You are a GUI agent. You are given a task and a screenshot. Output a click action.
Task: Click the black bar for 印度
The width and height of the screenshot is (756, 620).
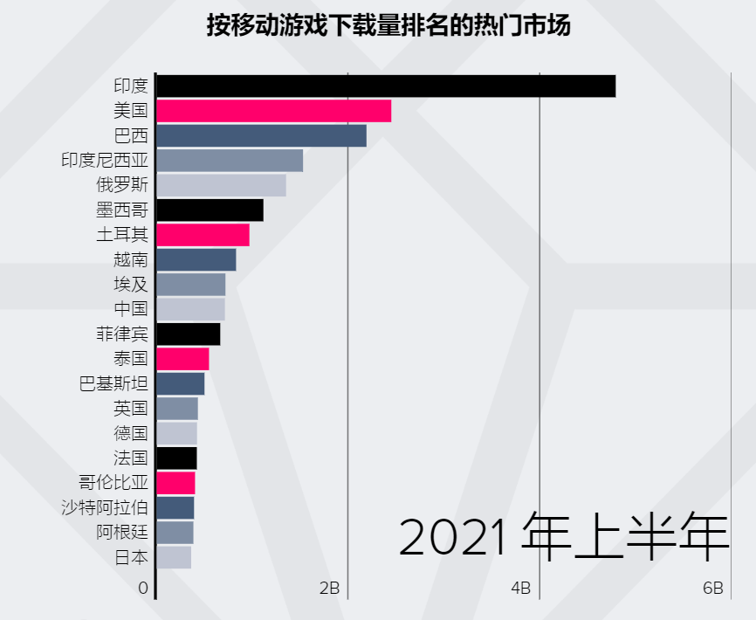pyautogui.click(x=386, y=86)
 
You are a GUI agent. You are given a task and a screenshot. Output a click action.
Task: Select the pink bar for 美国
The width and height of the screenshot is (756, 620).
pyautogui.click(x=274, y=111)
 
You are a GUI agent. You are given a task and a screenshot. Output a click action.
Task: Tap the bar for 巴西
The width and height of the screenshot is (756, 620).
pyautogui.click(x=262, y=136)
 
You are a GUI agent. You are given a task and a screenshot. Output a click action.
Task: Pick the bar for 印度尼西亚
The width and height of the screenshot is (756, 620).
pyautogui.click(x=230, y=161)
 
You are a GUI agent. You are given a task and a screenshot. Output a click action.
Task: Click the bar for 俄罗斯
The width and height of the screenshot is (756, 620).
pyautogui.click(x=222, y=185)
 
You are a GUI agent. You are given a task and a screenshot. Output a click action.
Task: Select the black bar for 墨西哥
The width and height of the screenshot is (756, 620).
pyautogui.click(x=210, y=210)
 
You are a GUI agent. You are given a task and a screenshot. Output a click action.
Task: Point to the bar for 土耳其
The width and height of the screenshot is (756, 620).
pyautogui.click(x=203, y=235)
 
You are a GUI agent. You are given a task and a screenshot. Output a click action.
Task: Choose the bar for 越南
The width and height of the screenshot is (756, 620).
pyautogui.click(x=196, y=259)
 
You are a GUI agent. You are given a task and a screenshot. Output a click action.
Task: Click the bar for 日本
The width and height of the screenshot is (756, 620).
pyautogui.click(x=174, y=557)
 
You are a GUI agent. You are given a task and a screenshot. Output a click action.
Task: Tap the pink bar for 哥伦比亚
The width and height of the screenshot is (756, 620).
pyautogui.click(x=175, y=483)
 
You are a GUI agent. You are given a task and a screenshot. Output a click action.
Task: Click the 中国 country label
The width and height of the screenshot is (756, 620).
pyautogui.click(x=131, y=309)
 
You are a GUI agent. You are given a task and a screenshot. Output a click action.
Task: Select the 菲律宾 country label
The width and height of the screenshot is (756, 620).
pyautogui.click(x=122, y=334)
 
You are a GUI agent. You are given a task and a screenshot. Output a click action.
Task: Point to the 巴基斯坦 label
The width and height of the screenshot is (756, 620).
pyautogui.click(x=113, y=384)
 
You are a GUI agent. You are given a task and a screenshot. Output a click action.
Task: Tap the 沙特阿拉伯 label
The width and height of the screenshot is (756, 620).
pyautogui.click(x=105, y=508)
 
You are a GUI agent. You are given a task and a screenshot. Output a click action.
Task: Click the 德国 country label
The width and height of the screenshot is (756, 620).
pyautogui.click(x=131, y=433)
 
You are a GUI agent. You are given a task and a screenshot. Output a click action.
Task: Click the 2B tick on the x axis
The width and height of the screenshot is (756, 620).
pyautogui.click(x=329, y=589)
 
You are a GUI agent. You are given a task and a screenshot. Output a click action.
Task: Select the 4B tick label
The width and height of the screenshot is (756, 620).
pyautogui.click(x=520, y=589)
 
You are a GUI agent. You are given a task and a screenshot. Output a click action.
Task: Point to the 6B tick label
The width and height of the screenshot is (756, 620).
pyautogui.click(x=712, y=589)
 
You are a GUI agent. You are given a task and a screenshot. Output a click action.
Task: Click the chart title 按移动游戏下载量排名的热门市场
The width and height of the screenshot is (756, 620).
pyautogui.click(x=388, y=26)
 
